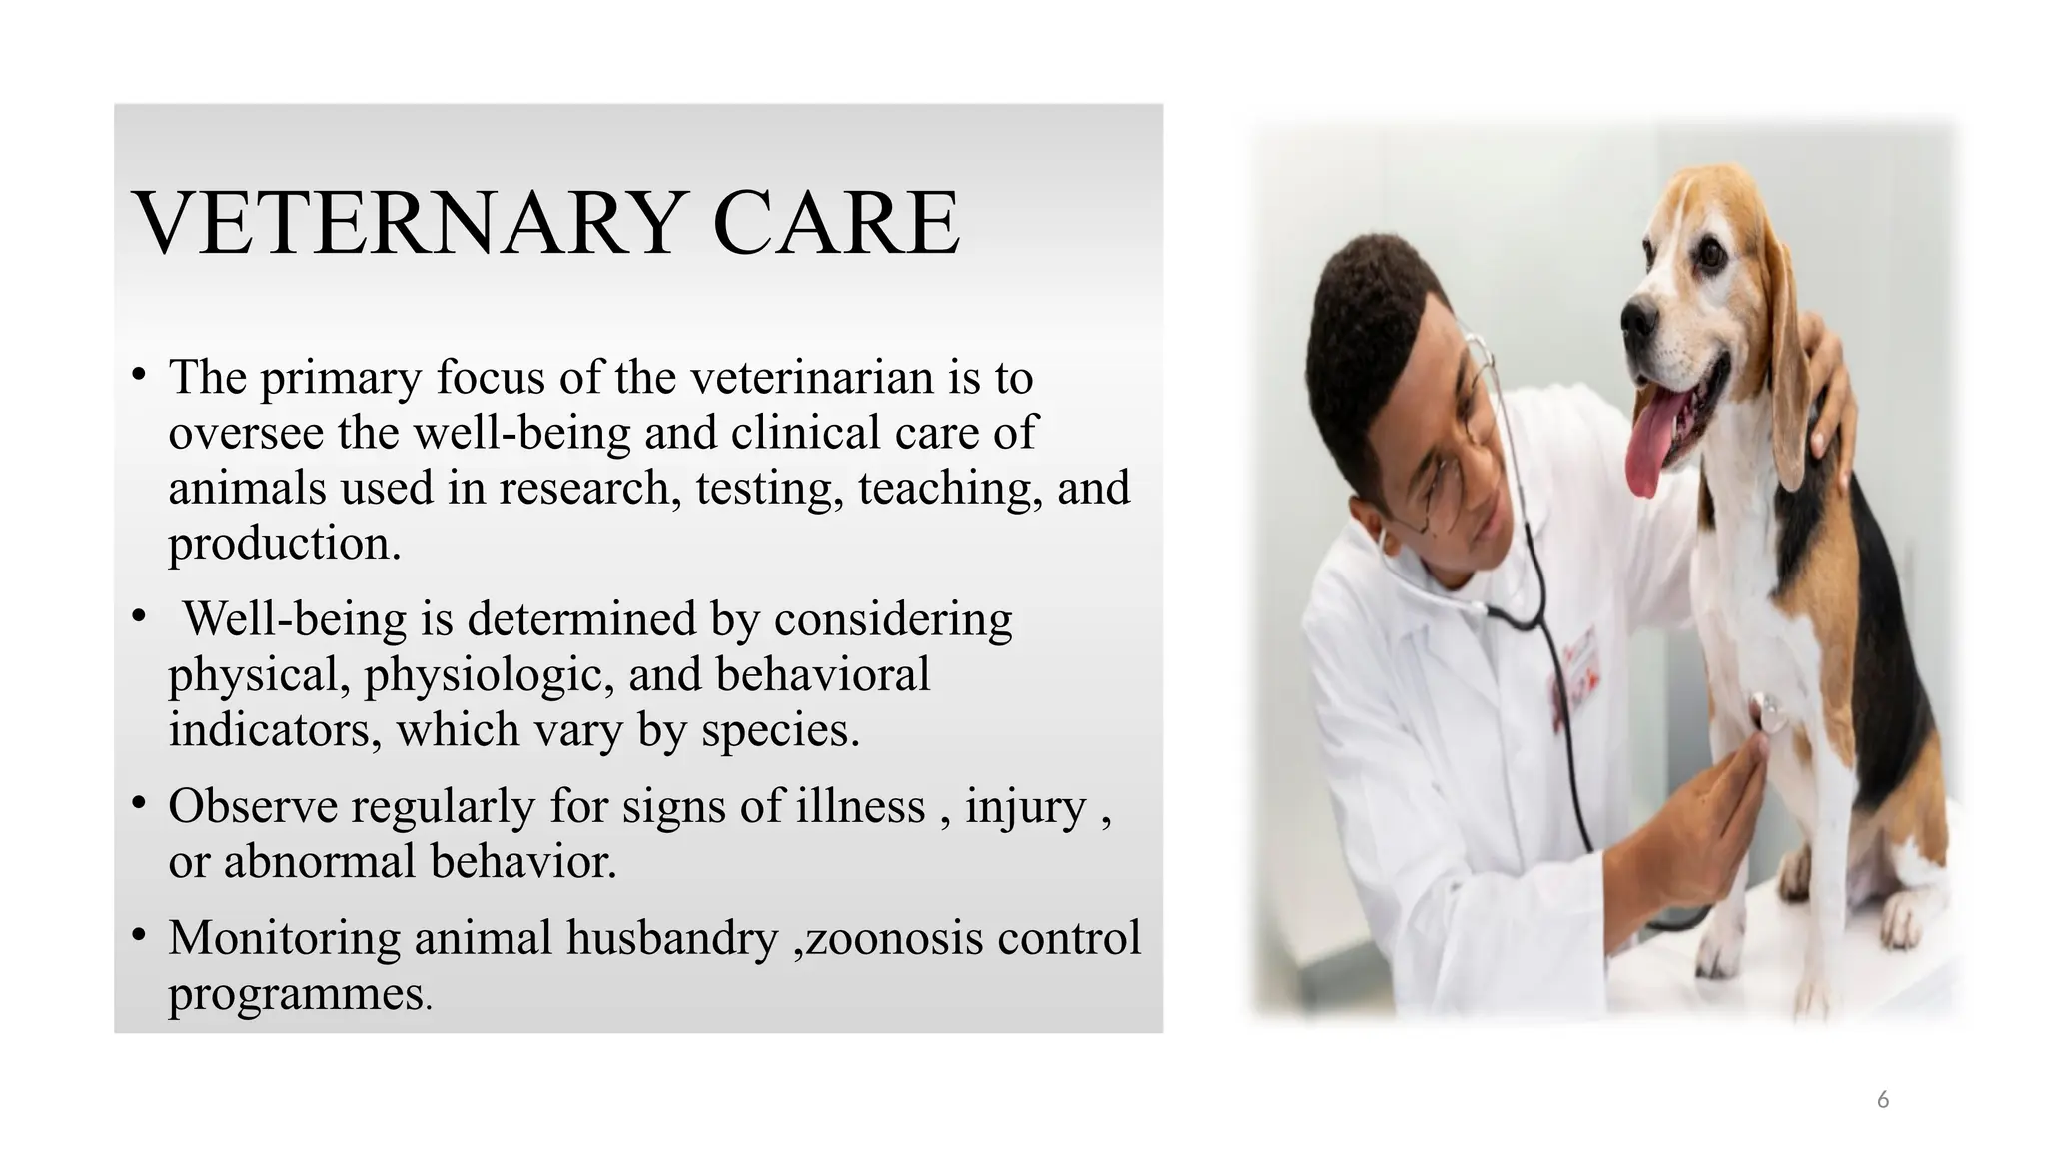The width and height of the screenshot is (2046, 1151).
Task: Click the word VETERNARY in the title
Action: [409, 224]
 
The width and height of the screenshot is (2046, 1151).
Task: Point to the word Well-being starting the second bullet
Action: [295, 619]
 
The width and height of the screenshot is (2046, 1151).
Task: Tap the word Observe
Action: [253, 806]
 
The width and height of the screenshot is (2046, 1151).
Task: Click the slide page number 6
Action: [1882, 1100]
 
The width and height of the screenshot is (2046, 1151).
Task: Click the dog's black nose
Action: [1637, 317]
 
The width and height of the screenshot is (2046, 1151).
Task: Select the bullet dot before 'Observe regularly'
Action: [139, 803]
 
